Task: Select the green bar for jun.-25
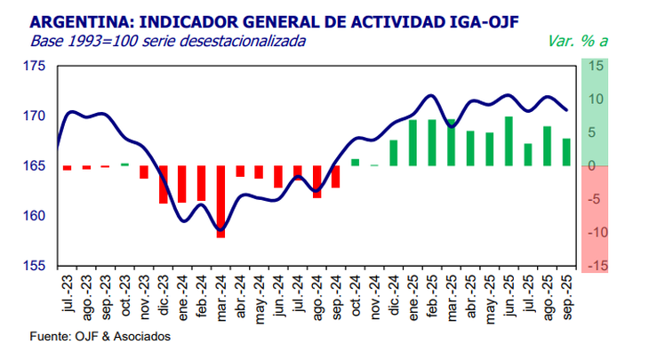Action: [x=509, y=141]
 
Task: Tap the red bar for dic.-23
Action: [x=164, y=185]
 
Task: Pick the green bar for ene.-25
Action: [x=413, y=143]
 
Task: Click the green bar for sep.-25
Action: [x=566, y=152]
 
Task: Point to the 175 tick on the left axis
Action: [x=35, y=67]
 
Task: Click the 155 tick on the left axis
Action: [x=35, y=266]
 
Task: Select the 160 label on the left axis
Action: [x=35, y=216]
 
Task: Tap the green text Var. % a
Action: [x=574, y=41]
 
